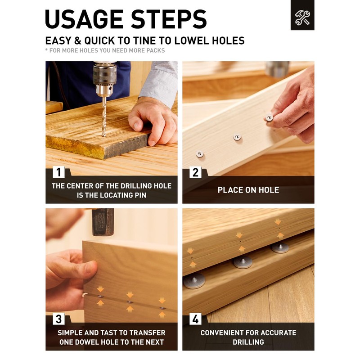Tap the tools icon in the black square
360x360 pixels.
[302, 18]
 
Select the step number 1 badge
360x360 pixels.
[58, 172]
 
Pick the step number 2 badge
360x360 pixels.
[195, 172]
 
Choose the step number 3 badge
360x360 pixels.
[58, 319]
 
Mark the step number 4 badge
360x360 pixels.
[195, 319]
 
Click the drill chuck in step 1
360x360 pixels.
[104, 79]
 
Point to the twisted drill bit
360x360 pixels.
[104, 117]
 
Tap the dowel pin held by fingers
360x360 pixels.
[269, 117]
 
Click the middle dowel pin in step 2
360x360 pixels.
[237, 137]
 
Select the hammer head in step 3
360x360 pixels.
[103, 222]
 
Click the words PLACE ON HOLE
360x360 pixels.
[248, 190]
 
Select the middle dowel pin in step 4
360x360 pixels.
[243, 262]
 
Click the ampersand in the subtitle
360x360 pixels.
[78, 41]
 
